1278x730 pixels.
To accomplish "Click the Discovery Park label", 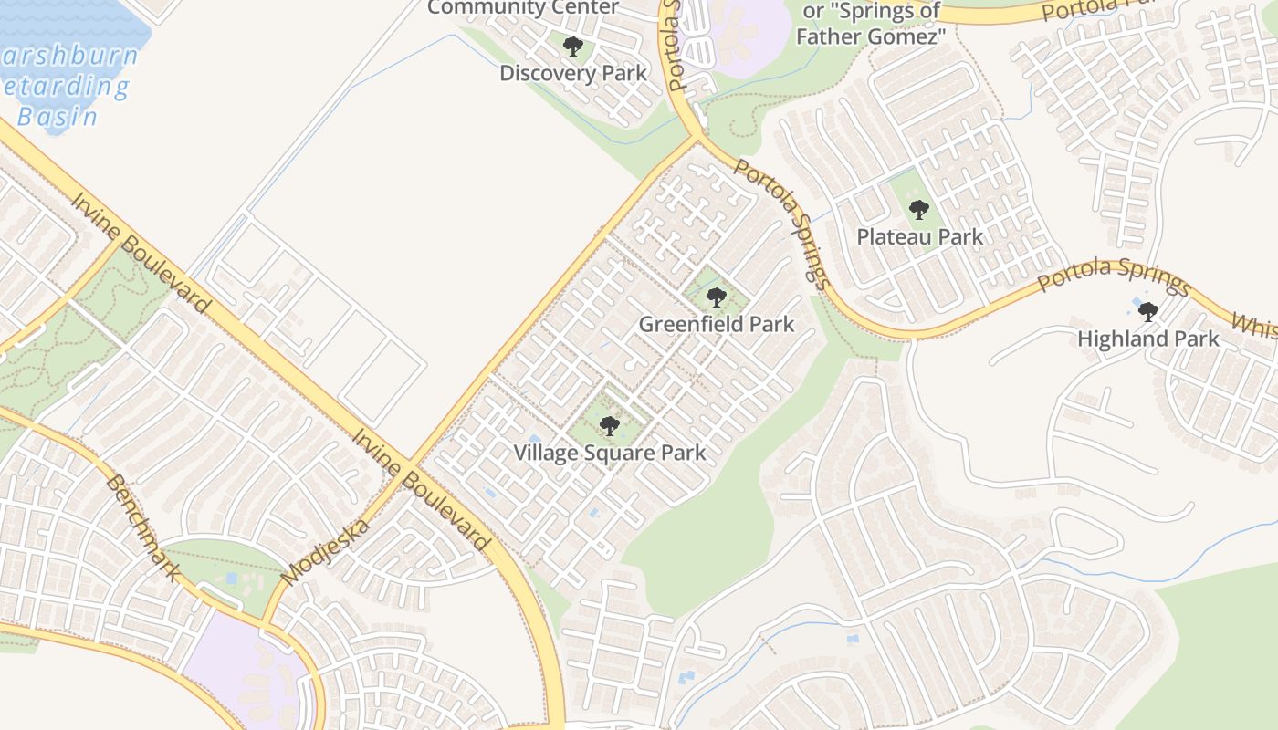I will [x=573, y=73].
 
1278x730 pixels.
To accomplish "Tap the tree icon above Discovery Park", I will [x=573, y=47].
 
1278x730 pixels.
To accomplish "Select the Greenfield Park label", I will [x=717, y=324].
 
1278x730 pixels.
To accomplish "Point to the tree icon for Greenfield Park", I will [x=717, y=297].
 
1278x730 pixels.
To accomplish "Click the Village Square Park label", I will [x=610, y=453].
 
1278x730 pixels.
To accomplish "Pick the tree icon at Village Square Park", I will [x=610, y=426].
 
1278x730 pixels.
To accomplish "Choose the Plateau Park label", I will [x=919, y=237].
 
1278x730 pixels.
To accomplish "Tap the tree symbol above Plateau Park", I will [x=919, y=210].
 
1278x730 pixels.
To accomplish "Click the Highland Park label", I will [x=1148, y=339].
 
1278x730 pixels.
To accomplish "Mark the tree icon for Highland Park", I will [x=1148, y=312].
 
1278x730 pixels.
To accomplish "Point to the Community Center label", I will [x=523, y=8].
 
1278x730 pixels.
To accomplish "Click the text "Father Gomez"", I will [x=870, y=36].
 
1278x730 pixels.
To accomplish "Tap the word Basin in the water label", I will [x=58, y=116].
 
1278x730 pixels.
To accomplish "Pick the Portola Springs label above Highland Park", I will [x=1114, y=276].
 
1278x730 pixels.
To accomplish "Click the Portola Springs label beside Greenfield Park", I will [x=782, y=224].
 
